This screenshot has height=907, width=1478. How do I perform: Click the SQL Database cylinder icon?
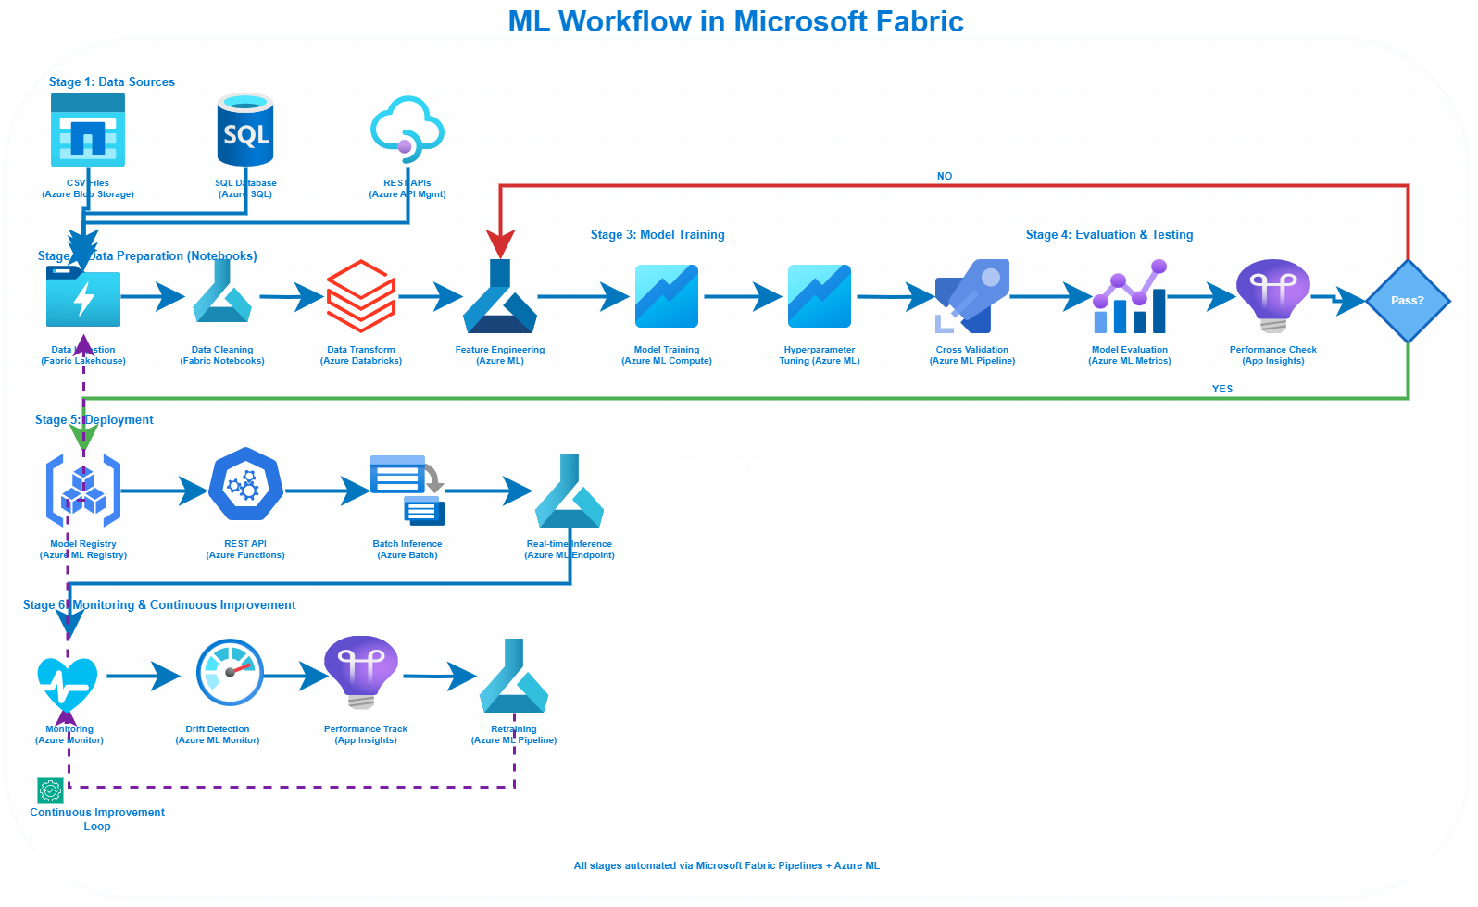coord(245,130)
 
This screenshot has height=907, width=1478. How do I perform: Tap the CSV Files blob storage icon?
coord(88,130)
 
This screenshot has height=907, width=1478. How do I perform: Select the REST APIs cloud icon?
coord(407,130)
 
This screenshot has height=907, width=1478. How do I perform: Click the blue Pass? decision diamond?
coord(1408,301)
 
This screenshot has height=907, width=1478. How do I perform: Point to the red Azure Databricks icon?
coord(361,296)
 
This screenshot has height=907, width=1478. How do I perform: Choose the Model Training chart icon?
coord(667,296)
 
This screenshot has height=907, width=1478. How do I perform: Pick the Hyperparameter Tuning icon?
coord(820,296)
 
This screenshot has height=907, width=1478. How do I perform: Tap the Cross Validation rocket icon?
coord(972,296)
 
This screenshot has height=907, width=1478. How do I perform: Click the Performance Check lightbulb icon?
coord(1273,294)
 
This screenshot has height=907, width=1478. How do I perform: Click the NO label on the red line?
coord(945,176)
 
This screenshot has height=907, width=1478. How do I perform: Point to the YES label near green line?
coord(1222,389)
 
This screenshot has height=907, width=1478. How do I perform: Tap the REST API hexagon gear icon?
coord(245,484)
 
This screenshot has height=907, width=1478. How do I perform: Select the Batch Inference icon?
coord(407,490)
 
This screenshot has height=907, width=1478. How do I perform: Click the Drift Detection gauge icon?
coord(230,672)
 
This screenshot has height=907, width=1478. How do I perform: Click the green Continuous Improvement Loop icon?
coord(50,790)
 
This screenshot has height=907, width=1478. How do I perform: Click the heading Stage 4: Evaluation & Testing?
coord(1109,235)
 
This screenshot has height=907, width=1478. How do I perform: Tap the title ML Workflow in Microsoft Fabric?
coord(736,21)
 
